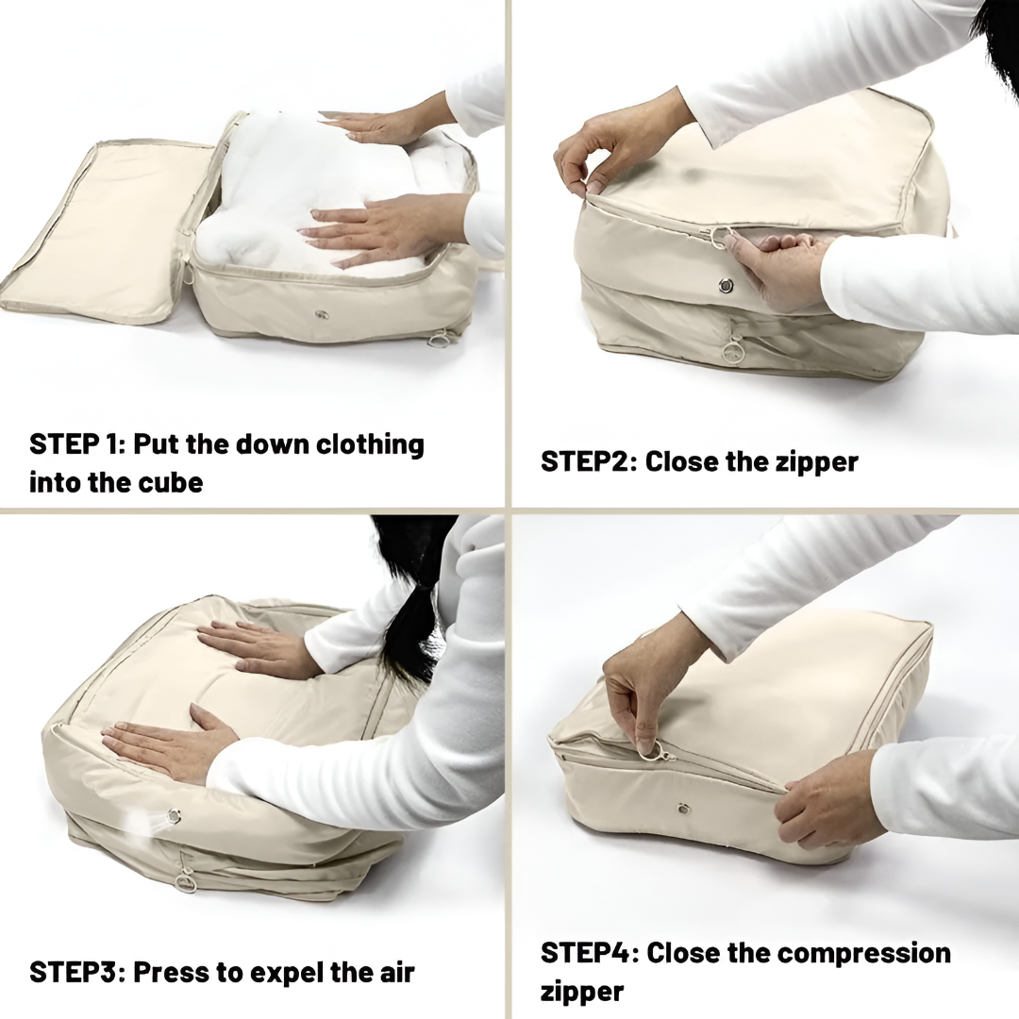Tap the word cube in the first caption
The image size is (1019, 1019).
[x=169, y=483]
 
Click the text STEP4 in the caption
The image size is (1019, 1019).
[x=586, y=953]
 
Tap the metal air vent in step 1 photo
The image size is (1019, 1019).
[x=322, y=314]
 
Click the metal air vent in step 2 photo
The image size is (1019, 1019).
[x=726, y=285]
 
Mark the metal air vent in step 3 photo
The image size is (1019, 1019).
[x=175, y=816]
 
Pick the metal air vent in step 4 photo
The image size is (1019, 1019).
[x=682, y=809]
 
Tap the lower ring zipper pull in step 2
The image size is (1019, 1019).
[x=732, y=352]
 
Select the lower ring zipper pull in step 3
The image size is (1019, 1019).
[x=186, y=882]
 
